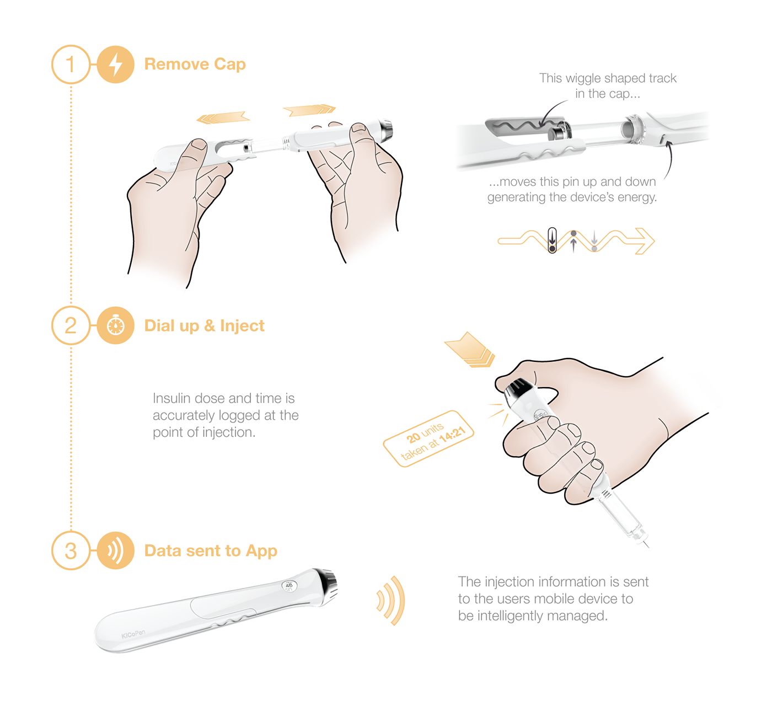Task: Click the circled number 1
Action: [x=71, y=65]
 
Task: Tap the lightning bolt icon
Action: [x=115, y=65]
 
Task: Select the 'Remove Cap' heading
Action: [x=195, y=64]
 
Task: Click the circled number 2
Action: [x=71, y=325]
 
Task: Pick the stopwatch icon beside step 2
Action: [x=115, y=325]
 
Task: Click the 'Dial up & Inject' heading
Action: [x=204, y=325]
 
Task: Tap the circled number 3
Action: [x=71, y=550]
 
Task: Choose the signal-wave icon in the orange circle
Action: [x=115, y=550]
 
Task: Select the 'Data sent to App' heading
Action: [x=210, y=550]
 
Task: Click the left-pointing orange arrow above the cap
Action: [x=223, y=117]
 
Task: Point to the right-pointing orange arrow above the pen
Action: [x=309, y=110]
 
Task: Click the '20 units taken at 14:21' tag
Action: [x=428, y=439]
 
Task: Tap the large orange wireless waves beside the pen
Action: [x=392, y=600]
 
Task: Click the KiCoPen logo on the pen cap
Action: [x=133, y=634]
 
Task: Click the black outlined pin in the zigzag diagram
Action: [x=552, y=240]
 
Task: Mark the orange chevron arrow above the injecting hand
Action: [x=469, y=349]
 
